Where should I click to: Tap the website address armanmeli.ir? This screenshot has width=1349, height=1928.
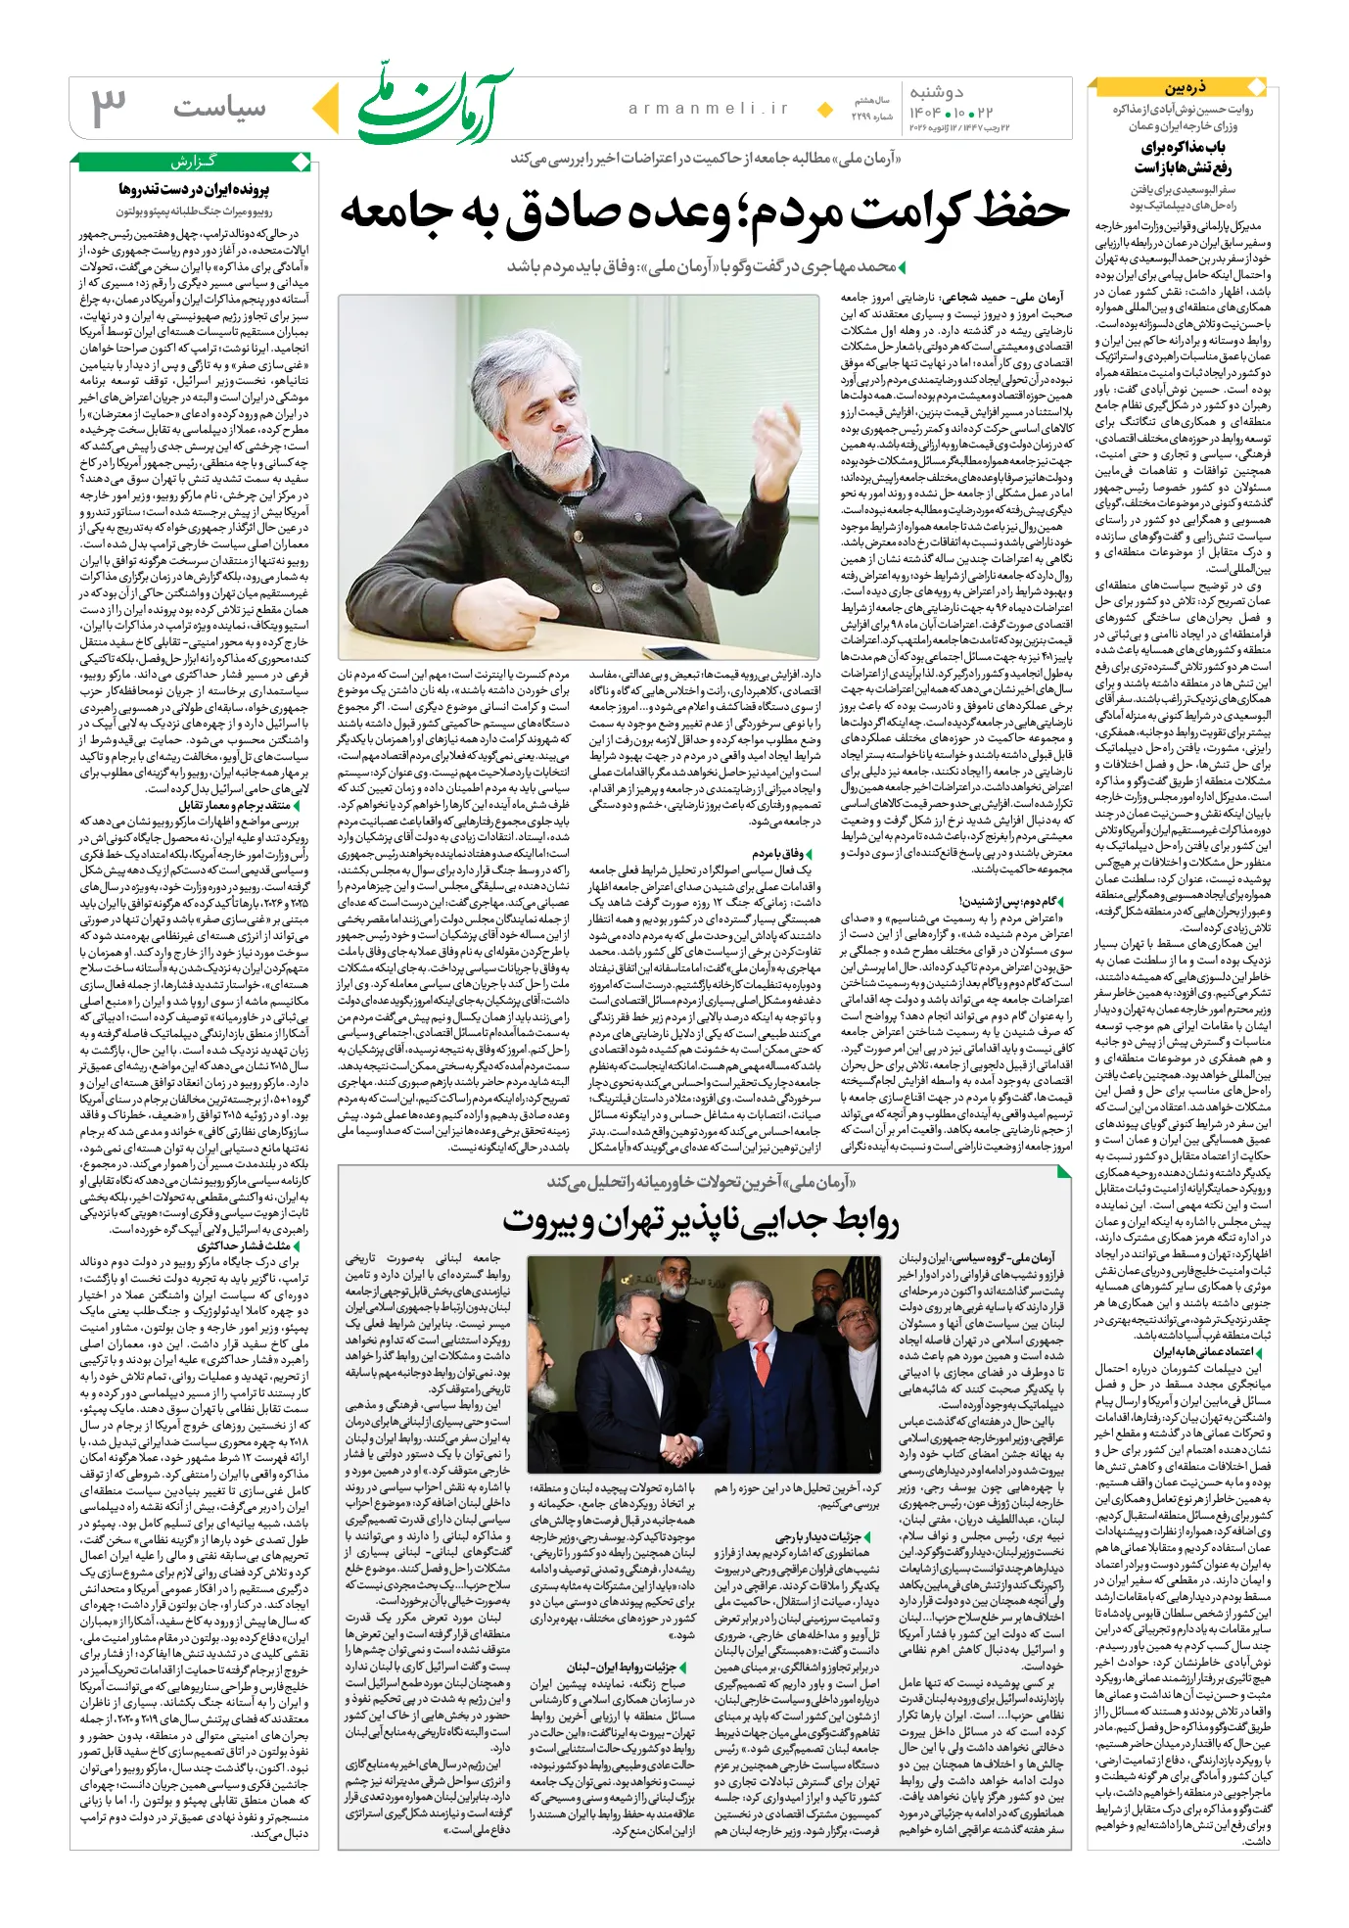point(708,109)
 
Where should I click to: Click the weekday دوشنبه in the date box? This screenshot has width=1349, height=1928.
point(937,93)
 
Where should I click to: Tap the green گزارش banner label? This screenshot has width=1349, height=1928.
point(193,162)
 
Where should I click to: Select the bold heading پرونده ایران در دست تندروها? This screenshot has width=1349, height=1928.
point(195,189)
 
